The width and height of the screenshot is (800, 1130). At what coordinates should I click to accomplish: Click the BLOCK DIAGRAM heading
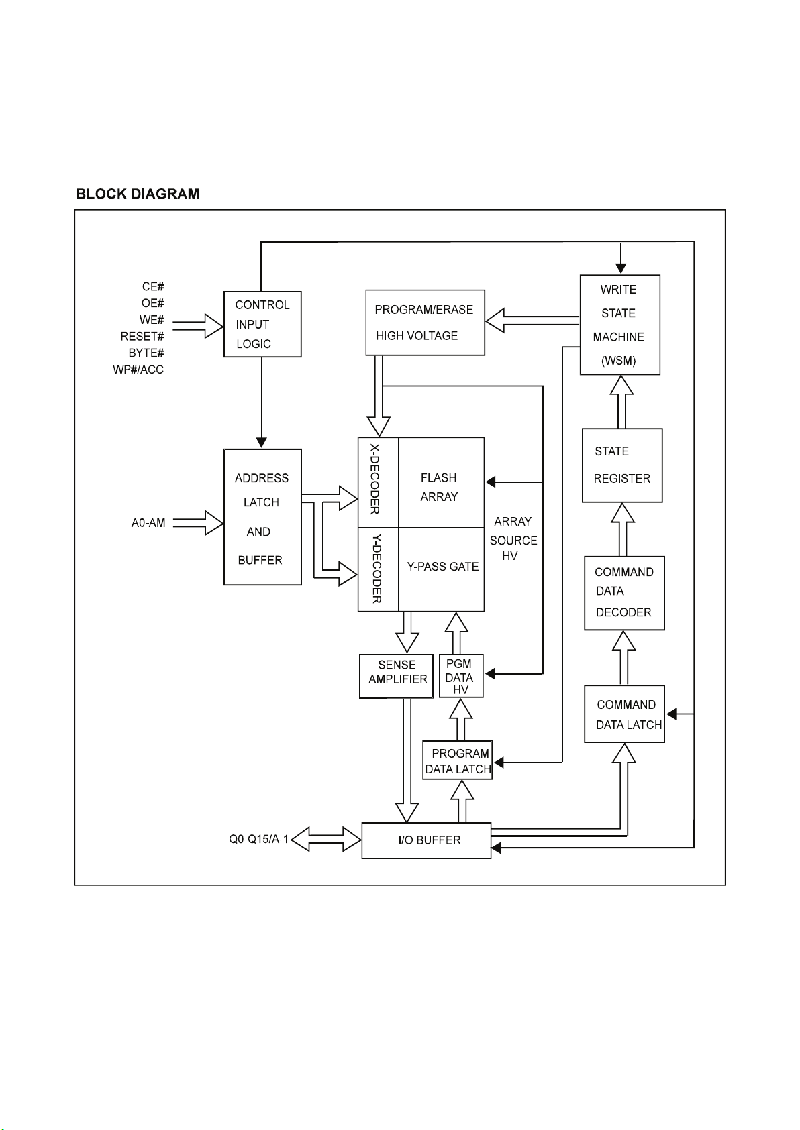tap(138, 194)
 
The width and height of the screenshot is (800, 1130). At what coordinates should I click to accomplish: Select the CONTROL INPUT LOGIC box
tap(262, 325)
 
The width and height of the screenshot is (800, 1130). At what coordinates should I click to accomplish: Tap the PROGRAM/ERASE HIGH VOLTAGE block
tap(425, 323)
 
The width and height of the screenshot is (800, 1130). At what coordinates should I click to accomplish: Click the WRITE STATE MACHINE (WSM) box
tap(620, 325)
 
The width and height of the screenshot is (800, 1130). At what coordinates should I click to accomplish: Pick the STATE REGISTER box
tap(622, 465)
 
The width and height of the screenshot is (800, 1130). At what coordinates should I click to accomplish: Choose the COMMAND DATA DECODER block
tap(624, 593)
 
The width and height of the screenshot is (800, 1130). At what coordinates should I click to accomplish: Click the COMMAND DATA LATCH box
tap(624, 714)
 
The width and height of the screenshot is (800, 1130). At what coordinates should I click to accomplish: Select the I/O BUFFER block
tap(426, 840)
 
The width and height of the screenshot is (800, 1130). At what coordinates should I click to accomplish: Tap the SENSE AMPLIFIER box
tap(396, 676)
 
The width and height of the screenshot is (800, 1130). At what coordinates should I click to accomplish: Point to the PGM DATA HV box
tap(461, 676)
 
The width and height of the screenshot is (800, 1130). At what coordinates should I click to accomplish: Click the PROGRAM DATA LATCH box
tap(457, 760)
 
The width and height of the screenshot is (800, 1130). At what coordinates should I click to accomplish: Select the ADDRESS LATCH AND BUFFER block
tap(262, 517)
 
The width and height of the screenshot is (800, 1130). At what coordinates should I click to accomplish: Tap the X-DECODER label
tap(374, 479)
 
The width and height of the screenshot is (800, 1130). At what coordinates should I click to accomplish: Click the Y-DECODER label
tap(377, 569)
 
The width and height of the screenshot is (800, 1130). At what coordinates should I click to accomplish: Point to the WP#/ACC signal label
tap(138, 370)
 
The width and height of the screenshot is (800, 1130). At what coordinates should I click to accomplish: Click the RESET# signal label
tap(142, 337)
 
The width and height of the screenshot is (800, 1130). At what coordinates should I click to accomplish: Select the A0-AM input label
tap(148, 523)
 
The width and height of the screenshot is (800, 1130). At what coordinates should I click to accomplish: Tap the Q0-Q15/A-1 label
tap(258, 839)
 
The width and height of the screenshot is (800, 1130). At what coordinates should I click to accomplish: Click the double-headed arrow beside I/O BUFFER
tap(326, 840)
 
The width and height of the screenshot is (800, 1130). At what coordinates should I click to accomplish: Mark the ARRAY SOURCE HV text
tap(513, 539)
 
